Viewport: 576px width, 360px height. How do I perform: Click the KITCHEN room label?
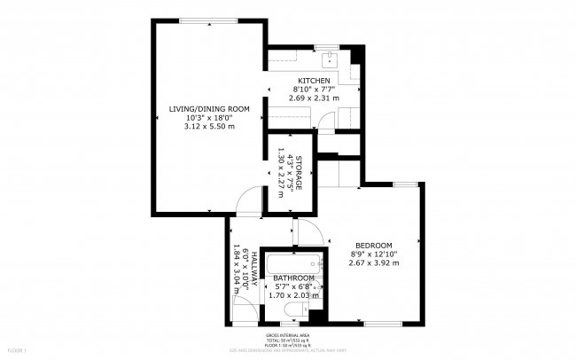(313, 81)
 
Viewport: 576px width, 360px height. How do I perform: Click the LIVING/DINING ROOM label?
(209, 109)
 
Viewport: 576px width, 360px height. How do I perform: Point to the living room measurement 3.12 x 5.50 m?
(209, 126)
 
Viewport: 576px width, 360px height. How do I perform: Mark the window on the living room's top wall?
(209, 20)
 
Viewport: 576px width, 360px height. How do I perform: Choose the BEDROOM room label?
(373, 245)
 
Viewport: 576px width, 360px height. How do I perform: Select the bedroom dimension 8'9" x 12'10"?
(373, 254)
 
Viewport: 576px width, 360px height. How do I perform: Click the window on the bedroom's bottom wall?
(380, 322)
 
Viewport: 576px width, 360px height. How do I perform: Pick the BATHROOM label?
(293, 278)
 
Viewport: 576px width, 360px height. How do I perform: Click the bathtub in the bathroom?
(292, 263)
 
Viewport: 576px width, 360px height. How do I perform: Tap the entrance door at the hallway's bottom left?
(241, 310)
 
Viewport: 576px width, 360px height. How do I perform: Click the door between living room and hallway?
(250, 202)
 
